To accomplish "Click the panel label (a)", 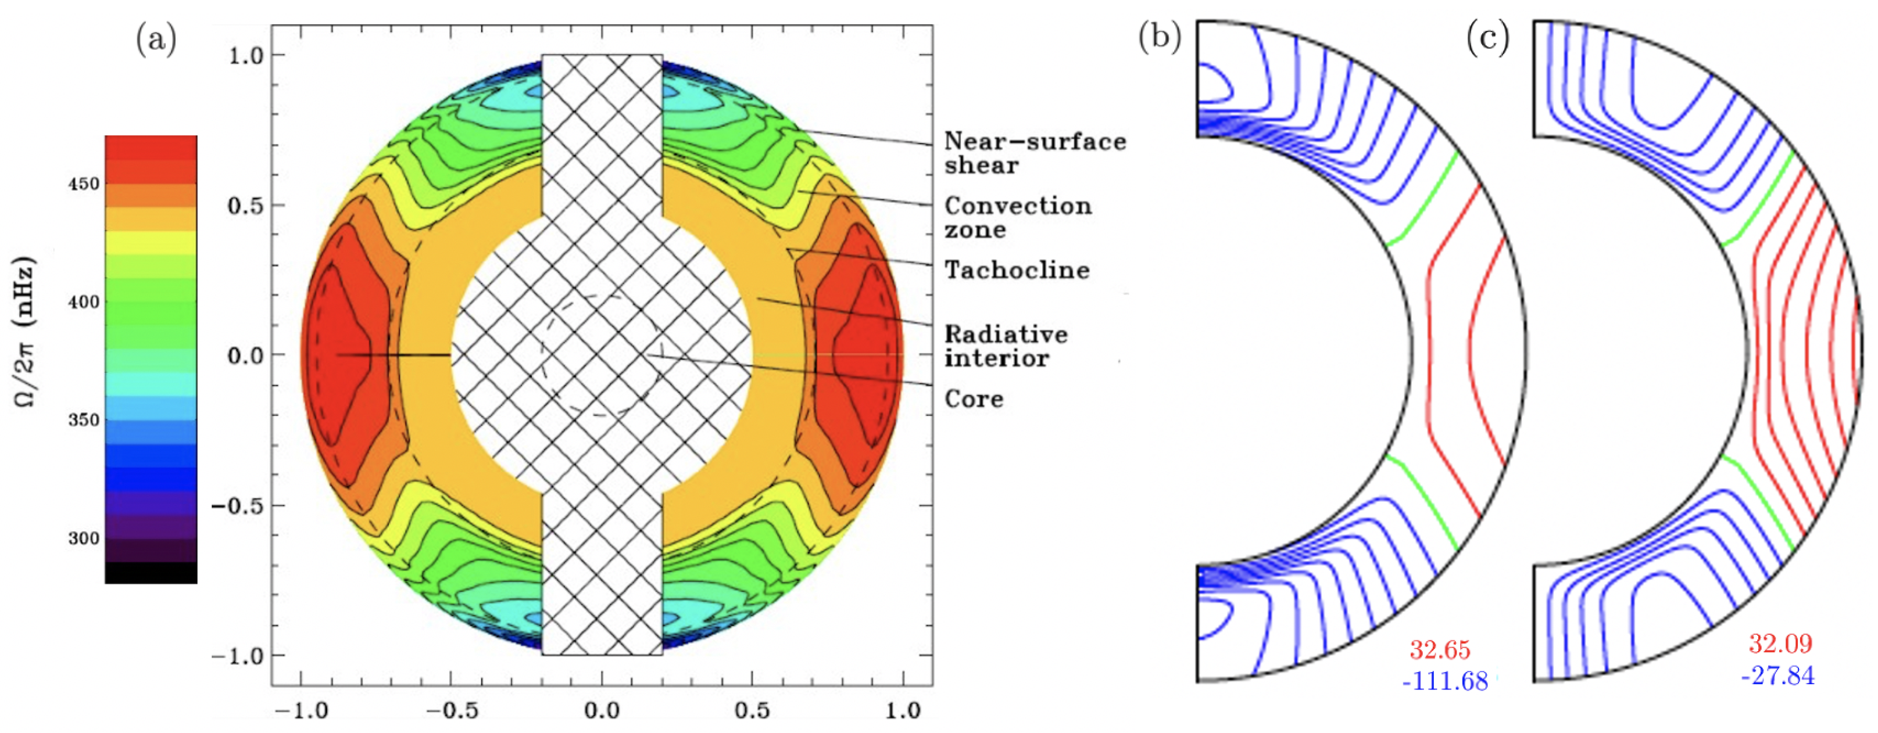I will tap(156, 40).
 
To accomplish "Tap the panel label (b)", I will tap(1159, 37).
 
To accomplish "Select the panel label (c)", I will tap(1487, 37).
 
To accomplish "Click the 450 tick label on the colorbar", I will tap(83, 184).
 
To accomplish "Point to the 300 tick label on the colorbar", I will tap(83, 538).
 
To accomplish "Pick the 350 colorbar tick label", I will tap(83, 420).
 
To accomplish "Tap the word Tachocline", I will tap(1017, 270).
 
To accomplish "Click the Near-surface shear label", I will tap(1035, 153).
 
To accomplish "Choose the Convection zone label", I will tap(1018, 217).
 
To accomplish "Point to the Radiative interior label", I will tap(1006, 346).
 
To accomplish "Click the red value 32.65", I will tap(1439, 649).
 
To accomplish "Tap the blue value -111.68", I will tap(1444, 681).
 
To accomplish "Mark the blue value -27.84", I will tap(1777, 675).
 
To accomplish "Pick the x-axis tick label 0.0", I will tap(602, 710).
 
